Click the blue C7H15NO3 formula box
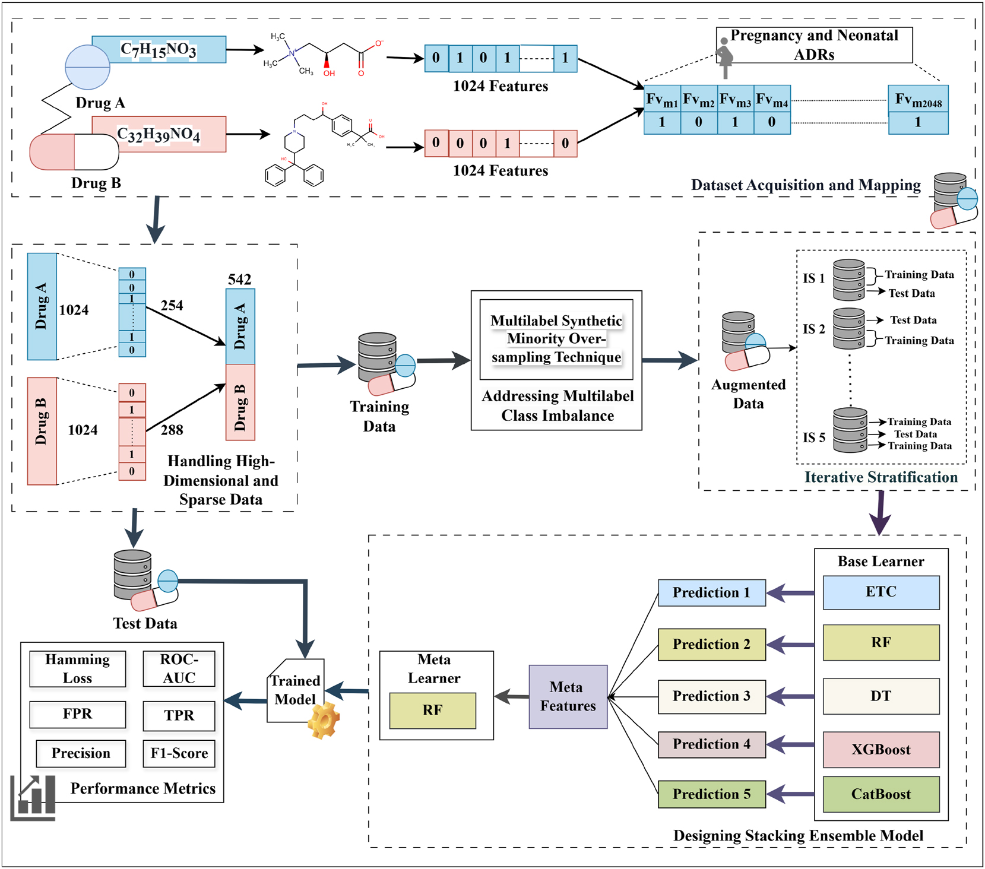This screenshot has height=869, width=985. click(159, 49)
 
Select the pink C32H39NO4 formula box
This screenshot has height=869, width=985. click(159, 134)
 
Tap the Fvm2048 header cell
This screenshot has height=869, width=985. click(918, 99)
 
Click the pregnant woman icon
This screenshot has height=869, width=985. click(724, 57)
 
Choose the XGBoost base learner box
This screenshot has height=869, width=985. click(881, 750)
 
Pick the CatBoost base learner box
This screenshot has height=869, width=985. click(881, 794)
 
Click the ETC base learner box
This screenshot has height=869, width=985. click(881, 592)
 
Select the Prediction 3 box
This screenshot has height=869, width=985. click(711, 696)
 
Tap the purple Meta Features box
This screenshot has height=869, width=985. click(568, 696)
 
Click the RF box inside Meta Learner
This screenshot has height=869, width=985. click(432, 710)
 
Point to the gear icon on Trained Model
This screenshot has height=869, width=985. click(324, 720)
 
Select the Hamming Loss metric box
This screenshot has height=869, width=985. click(78, 669)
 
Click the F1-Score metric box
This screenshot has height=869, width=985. click(179, 753)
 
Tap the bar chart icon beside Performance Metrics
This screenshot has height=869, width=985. click(34, 798)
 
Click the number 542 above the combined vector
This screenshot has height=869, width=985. click(240, 279)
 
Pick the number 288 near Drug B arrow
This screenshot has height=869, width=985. click(172, 430)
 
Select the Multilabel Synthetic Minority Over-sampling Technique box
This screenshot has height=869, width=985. click(556, 339)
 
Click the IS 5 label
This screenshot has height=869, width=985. click(813, 437)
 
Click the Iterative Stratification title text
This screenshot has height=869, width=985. click(881, 477)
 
